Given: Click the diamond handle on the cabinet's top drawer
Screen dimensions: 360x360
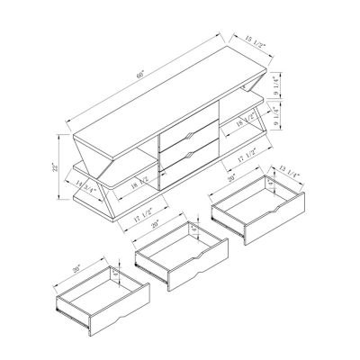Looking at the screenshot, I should coord(192,135).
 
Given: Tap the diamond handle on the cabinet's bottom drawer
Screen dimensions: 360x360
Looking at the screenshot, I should coord(192,155).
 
